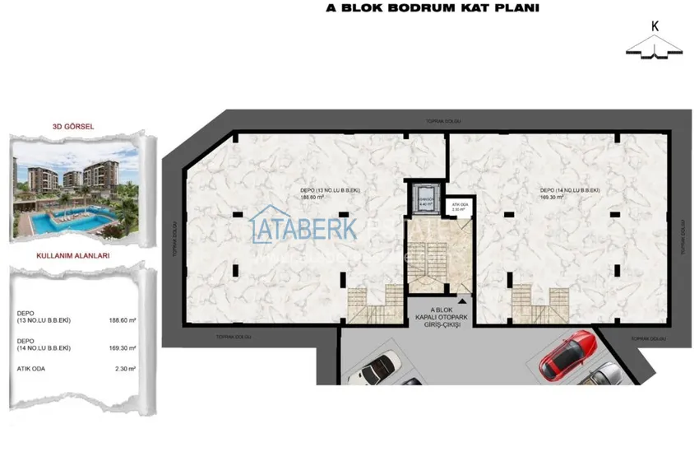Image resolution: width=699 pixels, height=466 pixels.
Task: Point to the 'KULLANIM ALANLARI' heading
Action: (73, 256)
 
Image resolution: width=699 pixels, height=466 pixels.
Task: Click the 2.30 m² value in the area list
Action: (124, 369)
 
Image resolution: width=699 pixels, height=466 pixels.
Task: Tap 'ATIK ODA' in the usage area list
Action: (30, 369)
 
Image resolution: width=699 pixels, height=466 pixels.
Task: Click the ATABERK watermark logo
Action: (304, 228)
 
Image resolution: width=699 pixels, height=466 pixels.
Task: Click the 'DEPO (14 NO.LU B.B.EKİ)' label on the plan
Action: (570, 190)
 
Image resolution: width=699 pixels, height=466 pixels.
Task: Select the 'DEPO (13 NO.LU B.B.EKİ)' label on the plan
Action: (331, 190)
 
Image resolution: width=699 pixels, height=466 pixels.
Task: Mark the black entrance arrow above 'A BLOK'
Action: (463, 302)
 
